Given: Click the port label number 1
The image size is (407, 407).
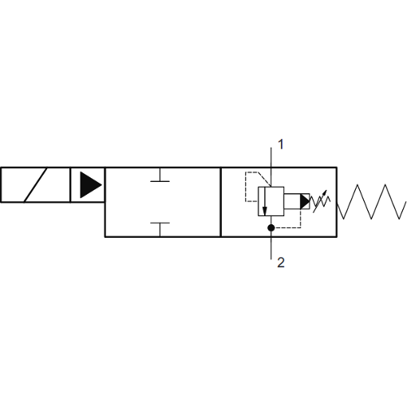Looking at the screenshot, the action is [x=281, y=144].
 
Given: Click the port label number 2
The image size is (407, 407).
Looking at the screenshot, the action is [x=281, y=263].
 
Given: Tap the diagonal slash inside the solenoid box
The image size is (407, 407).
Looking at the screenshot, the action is [x=35, y=185].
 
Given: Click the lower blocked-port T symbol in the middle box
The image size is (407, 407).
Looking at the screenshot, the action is [x=160, y=229].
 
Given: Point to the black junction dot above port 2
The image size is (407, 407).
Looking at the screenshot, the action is [x=271, y=227].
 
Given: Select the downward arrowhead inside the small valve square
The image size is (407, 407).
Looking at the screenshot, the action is [x=264, y=211].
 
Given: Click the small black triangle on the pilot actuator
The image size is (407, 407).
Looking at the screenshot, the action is [x=305, y=201].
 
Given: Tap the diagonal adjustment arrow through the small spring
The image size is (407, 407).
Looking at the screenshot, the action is [x=320, y=201].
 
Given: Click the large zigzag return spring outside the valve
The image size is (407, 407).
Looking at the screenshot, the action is [x=372, y=202].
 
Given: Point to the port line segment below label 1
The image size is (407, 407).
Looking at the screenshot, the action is [x=271, y=167].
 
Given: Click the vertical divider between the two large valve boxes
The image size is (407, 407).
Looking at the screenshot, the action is [x=221, y=202].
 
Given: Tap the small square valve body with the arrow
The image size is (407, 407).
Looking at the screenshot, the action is [x=271, y=201].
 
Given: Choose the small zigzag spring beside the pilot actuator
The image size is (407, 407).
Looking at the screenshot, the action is [x=320, y=202].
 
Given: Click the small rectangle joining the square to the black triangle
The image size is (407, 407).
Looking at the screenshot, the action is [x=292, y=201].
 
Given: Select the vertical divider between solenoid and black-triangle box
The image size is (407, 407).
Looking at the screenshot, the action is [x=70, y=185].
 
